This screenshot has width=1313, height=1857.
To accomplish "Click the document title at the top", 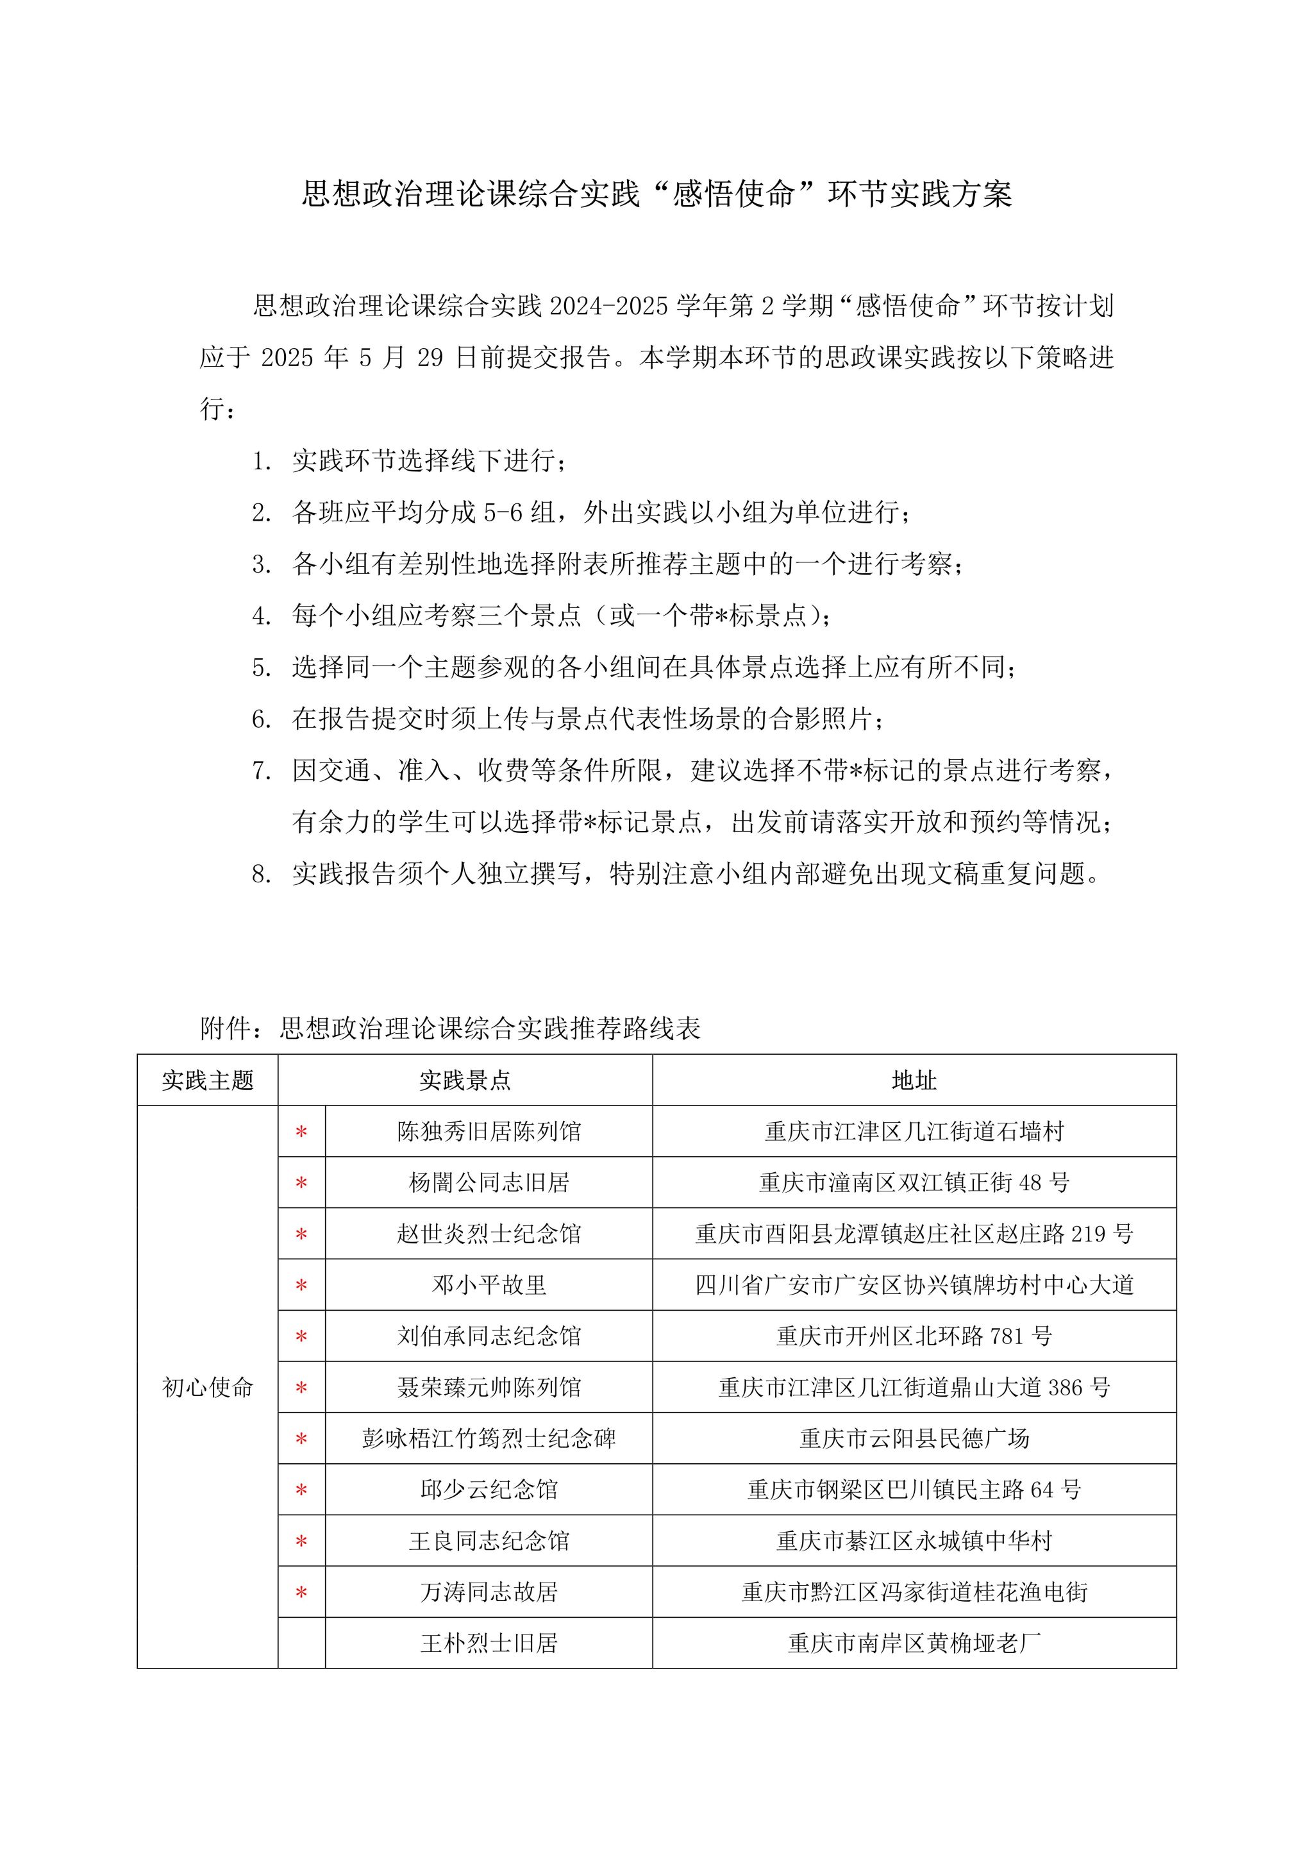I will (x=656, y=194).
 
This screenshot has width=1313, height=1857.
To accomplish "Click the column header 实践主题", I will (x=208, y=1080).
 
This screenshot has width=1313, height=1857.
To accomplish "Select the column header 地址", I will (x=914, y=1080).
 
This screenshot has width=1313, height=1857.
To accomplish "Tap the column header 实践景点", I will (x=465, y=1080).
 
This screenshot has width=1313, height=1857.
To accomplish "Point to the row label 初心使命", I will (x=208, y=1387).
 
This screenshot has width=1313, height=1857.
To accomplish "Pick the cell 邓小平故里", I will (x=489, y=1284).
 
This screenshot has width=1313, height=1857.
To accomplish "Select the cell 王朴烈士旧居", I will (x=489, y=1643).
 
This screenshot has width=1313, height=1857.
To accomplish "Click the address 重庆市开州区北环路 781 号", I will (x=914, y=1336).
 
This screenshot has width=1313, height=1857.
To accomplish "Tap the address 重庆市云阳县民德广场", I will (x=914, y=1438).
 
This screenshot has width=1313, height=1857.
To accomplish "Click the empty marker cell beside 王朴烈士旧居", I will (x=301, y=1643).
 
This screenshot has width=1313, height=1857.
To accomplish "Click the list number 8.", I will (x=260, y=873).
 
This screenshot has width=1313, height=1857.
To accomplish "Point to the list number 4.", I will (x=260, y=616).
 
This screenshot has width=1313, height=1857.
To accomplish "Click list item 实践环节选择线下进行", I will (x=428, y=461).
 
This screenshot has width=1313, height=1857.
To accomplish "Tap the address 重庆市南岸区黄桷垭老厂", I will (x=914, y=1643).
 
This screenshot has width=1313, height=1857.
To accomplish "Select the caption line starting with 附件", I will (x=450, y=1028).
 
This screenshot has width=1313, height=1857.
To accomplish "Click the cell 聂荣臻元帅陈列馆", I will (x=489, y=1387).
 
